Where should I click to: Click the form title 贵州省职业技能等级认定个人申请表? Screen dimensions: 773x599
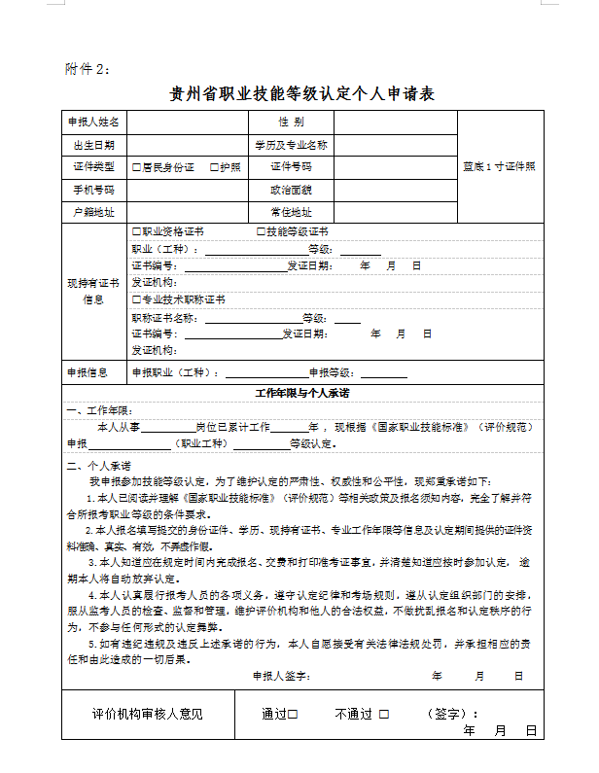pos(301,94)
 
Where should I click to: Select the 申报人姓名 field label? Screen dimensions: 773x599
pos(93,123)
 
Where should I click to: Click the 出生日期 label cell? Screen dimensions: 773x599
pos(93,145)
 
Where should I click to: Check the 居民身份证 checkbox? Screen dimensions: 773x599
pos(136,167)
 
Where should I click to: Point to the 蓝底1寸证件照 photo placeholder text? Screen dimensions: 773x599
pos(498,166)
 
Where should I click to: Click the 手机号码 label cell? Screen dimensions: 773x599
pos(93,190)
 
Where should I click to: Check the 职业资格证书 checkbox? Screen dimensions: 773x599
pos(136,232)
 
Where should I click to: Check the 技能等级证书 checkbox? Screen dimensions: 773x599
pos(261,232)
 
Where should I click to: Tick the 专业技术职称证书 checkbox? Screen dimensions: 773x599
pos(136,299)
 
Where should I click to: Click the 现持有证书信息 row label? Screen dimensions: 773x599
pos(93,291)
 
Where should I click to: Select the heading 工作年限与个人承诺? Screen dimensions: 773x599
pos(301,394)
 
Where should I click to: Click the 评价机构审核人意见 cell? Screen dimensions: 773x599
pos(148,715)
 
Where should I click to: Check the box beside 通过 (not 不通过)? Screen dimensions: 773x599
pos(293,715)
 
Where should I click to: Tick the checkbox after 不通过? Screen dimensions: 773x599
pos(384,715)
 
